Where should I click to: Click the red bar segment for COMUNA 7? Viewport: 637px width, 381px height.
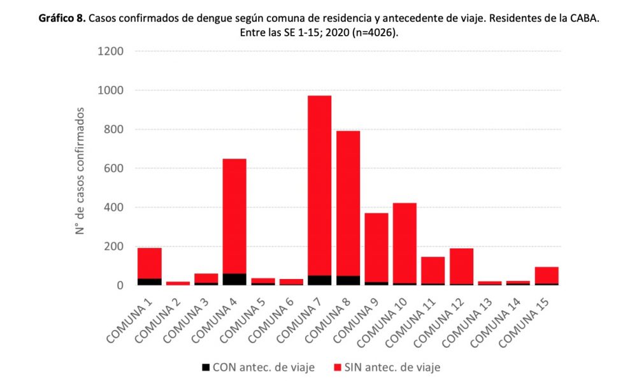click(x=320, y=185)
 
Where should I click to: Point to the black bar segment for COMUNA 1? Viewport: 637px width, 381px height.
click(x=149, y=282)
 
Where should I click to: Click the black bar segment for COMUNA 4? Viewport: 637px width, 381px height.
click(x=234, y=279)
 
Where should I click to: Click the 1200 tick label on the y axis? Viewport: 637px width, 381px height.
click(x=110, y=52)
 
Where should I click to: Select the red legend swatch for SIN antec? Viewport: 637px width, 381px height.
click(x=337, y=367)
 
